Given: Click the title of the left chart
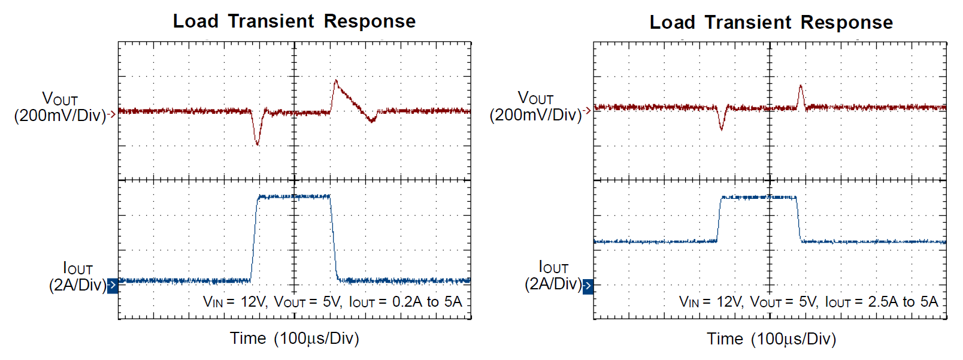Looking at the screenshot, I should (x=294, y=22).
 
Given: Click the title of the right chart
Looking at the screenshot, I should (x=771, y=23).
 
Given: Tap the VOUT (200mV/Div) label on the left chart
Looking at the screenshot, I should (x=60, y=107).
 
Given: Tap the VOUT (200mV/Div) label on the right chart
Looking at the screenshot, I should (x=535, y=106).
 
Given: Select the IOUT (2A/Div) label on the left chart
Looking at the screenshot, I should (x=77, y=276).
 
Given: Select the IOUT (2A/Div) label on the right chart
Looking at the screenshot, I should (x=553, y=276).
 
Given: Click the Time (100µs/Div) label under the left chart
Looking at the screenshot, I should (x=294, y=338).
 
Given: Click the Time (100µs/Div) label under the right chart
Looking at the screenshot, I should (x=771, y=339).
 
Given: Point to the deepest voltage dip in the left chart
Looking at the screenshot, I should (x=258, y=144).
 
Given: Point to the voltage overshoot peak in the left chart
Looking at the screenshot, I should (x=336, y=81).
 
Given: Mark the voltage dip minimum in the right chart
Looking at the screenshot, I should (x=721, y=128).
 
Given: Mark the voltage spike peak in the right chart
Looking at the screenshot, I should (x=801, y=86).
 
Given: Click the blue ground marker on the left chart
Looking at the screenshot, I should (x=113, y=286).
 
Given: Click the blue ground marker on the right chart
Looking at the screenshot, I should (x=588, y=286).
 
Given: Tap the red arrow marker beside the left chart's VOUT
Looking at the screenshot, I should (x=112, y=114).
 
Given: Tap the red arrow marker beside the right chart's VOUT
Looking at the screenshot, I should (x=588, y=110).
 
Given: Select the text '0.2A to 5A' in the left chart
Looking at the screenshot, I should (x=426, y=302).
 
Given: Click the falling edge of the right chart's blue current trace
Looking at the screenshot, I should (x=798, y=219).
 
